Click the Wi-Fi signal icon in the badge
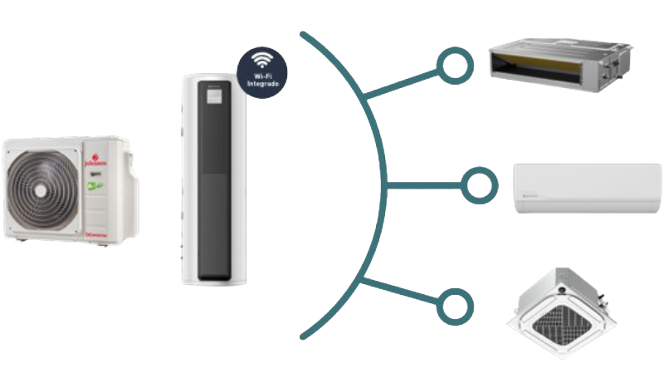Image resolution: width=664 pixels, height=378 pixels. coord(263,61)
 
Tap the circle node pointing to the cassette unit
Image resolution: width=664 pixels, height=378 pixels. coord(452,305)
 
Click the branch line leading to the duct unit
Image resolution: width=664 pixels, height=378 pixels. coord(402,83)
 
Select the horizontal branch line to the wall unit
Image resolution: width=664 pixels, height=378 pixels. coord(423,182)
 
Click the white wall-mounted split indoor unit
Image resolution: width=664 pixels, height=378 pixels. coord(586,188)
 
